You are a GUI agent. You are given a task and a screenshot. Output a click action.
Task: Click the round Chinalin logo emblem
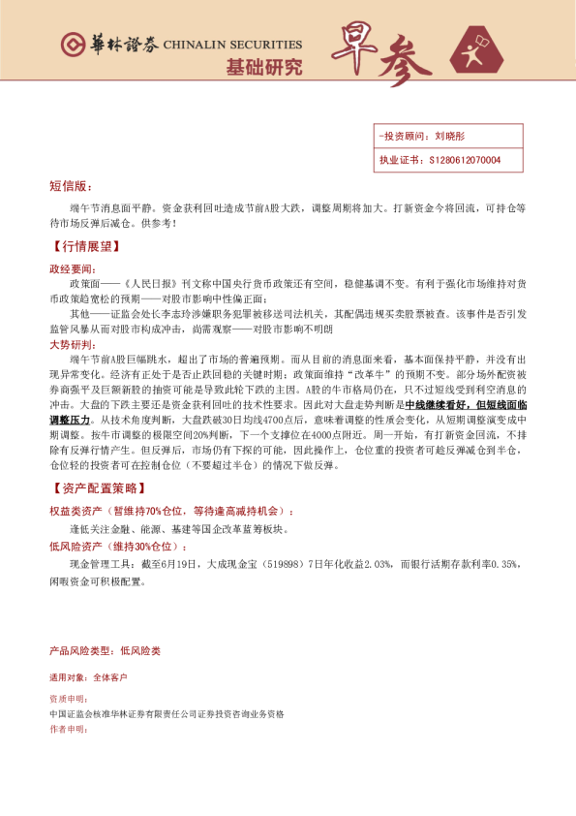point(71,45)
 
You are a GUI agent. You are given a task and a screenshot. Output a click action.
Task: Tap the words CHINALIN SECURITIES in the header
point(232,45)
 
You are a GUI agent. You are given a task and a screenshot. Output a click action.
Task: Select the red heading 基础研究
point(264,68)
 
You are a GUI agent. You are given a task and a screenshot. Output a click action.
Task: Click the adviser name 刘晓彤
point(450,137)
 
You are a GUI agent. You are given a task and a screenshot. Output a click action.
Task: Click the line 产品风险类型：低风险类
point(105,650)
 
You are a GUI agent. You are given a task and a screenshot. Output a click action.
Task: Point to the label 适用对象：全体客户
point(87,677)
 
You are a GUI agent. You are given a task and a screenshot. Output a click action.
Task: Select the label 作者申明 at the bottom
point(68,728)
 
